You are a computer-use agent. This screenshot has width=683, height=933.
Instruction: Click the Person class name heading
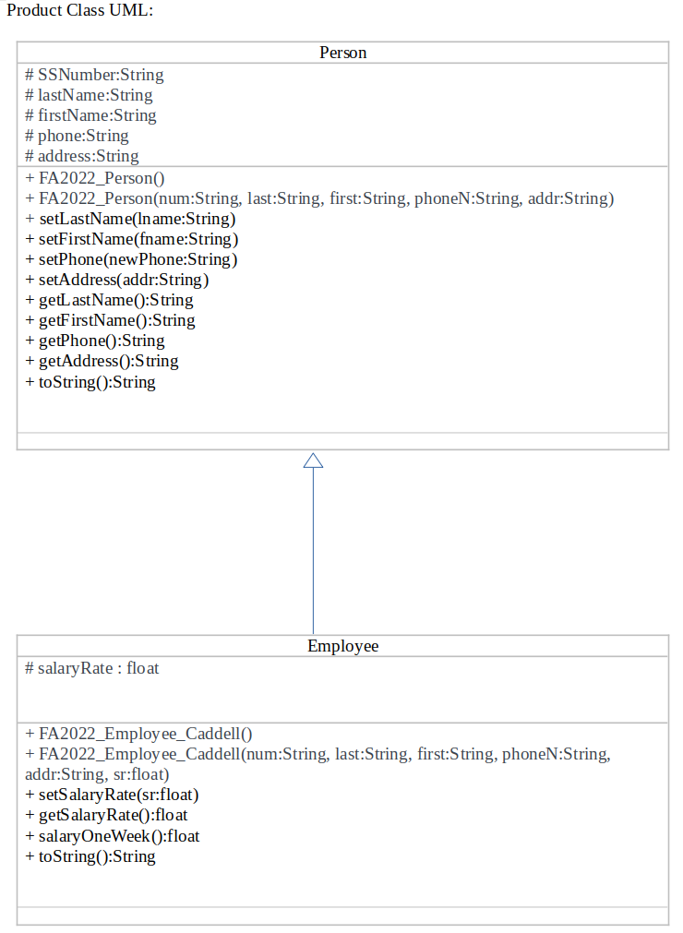click(x=342, y=53)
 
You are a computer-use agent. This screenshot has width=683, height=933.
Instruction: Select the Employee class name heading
click(x=342, y=646)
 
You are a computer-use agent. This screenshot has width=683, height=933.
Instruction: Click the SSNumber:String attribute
click(x=94, y=75)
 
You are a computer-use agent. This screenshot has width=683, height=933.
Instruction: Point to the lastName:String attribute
click(x=89, y=95)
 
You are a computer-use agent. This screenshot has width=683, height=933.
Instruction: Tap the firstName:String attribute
click(x=90, y=115)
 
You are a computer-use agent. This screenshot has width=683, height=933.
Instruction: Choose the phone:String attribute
click(x=77, y=136)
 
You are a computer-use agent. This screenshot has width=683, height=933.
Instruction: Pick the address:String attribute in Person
click(x=82, y=156)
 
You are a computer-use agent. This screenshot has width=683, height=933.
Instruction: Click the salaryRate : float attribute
click(x=91, y=668)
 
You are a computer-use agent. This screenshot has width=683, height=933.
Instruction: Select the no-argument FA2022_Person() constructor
click(x=95, y=178)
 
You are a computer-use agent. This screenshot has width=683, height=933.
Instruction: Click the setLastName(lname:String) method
click(x=130, y=219)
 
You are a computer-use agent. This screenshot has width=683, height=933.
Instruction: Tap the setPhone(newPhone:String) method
click(x=131, y=259)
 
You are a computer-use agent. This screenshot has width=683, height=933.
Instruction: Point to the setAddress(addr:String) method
click(x=117, y=280)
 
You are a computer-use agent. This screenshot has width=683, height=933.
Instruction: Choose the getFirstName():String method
click(x=110, y=320)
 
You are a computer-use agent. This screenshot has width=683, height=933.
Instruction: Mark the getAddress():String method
click(x=102, y=361)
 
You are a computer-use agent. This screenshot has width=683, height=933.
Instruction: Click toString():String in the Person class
click(x=90, y=382)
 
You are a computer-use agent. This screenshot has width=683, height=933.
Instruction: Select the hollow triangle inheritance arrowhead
click(x=313, y=461)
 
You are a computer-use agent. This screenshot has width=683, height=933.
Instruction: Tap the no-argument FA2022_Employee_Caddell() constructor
click(x=138, y=735)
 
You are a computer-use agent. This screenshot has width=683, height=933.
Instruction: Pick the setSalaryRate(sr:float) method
click(x=113, y=795)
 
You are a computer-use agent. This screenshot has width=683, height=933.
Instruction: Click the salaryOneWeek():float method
click(x=113, y=836)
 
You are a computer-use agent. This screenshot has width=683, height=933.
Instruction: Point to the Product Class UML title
click(x=79, y=11)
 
